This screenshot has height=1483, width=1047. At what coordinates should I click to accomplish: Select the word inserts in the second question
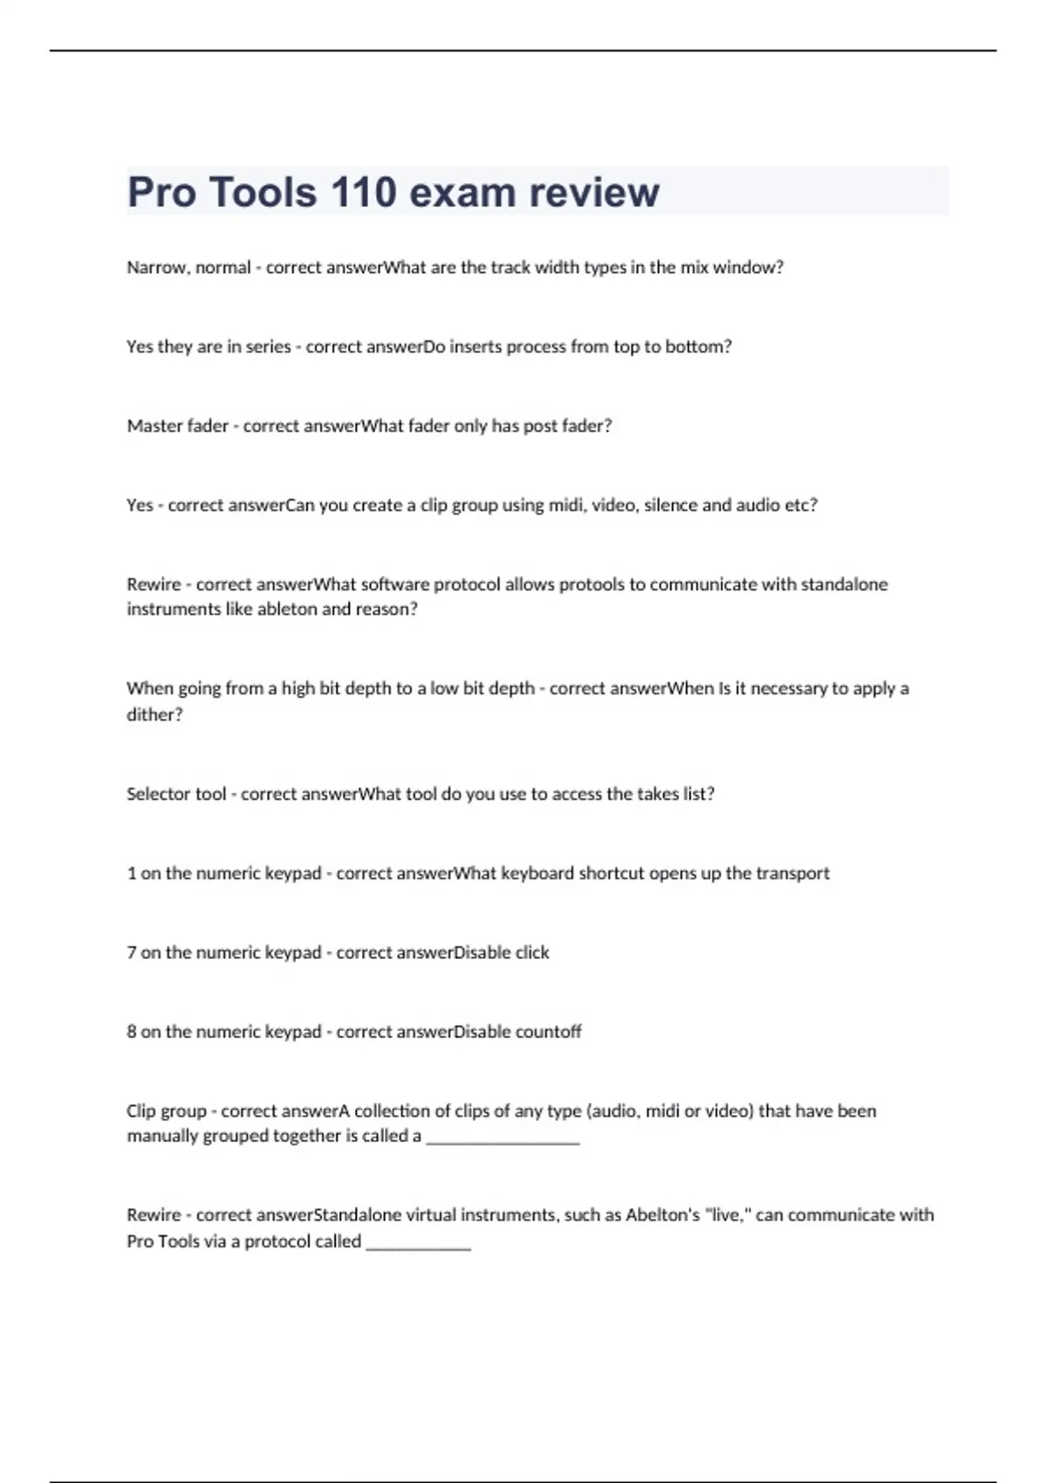tap(476, 346)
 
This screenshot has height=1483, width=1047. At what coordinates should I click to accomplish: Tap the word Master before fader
tap(152, 426)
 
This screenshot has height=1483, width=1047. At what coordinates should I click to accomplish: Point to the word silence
tap(670, 505)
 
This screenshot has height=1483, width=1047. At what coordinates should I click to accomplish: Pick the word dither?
tap(154, 714)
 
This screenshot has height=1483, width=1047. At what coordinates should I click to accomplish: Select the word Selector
tap(155, 794)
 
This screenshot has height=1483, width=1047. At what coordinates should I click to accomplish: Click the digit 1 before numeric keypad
tap(132, 873)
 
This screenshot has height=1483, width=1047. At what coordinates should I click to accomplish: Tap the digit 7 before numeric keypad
tap(132, 953)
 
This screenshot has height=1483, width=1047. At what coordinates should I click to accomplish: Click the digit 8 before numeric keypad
tap(132, 1032)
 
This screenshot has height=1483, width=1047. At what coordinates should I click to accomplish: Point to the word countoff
tap(548, 1032)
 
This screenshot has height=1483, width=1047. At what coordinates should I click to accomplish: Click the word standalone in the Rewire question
tap(844, 584)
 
